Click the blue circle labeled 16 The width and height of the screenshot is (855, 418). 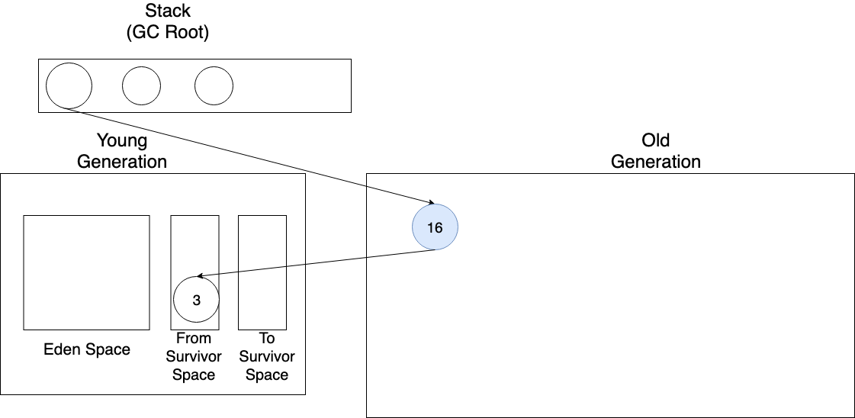point(435,227)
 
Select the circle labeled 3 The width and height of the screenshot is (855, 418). point(196,300)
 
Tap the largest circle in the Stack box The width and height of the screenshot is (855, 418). point(69,85)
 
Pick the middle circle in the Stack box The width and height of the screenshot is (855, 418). point(142,85)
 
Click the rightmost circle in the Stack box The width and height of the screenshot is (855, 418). point(214,85)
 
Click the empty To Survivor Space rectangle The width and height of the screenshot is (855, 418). point(262,272)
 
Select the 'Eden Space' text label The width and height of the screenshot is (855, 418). point(87,350)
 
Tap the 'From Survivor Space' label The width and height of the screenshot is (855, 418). point(194,356)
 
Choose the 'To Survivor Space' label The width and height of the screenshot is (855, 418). point(267,356)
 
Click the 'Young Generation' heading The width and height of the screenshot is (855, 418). point(122,151)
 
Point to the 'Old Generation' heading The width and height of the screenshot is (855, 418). point(656,151)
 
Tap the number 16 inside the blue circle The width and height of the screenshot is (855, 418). point(435,227)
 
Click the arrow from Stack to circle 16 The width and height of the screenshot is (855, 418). point(252,156)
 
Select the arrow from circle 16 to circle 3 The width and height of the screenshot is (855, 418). point(317,263)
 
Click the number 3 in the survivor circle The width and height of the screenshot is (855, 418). point(196,301)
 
